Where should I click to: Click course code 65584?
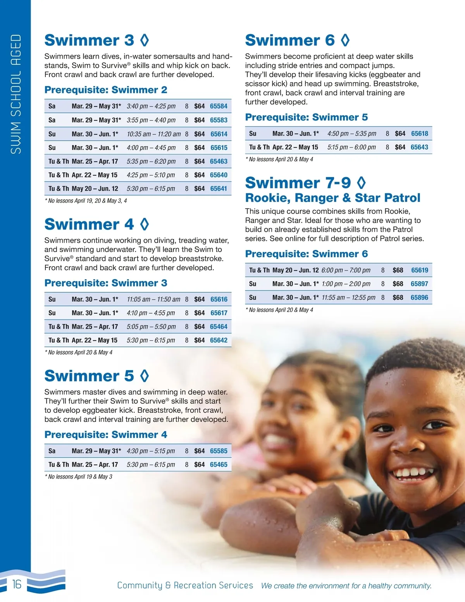coord(219,106)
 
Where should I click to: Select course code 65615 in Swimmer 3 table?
coord(219,148)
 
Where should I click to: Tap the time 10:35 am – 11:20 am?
coord(153,134)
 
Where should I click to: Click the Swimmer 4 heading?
coord(89,224)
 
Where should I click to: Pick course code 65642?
coord(219,340)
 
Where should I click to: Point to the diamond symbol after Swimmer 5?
coord(145,376)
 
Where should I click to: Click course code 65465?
coord(219,464)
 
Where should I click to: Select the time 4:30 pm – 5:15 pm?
coord(151,451)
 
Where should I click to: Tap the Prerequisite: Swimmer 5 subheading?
coord(307,117)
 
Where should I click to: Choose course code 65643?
coord(419,147)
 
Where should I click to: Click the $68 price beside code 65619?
coord(398,270)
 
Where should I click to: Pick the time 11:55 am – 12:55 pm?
coord(348,298)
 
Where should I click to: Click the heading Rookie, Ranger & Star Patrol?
coord(332,198)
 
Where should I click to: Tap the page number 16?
coord(17,584)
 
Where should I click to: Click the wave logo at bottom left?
coord(46,581)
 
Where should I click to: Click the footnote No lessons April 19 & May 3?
coord(79,477)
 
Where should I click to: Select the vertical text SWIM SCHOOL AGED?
coord(16,94)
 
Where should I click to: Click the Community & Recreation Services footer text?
coord(185,585)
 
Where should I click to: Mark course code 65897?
coord(419,284)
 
